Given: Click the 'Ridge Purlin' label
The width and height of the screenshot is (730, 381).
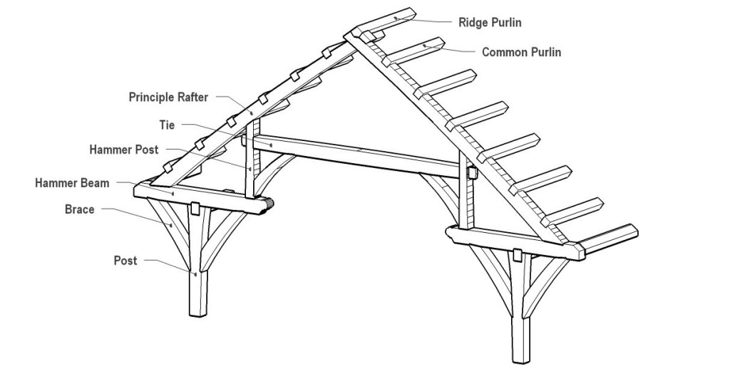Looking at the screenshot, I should point(489,23).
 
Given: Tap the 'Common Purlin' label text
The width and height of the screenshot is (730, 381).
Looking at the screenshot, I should point(521,52).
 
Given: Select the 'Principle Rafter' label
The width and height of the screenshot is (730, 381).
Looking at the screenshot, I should point(168,97).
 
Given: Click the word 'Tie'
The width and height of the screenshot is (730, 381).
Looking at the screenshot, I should point(168,124).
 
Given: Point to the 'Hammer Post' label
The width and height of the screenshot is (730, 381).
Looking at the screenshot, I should point(124,150).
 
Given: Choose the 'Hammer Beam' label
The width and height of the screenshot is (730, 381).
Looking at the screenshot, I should point(73,183).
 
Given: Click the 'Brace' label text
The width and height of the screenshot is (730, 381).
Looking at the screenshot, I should point(79,209).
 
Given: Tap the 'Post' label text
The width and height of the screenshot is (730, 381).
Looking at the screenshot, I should point(125,261).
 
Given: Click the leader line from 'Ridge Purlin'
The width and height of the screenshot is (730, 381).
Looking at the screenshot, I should point(428,19).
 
